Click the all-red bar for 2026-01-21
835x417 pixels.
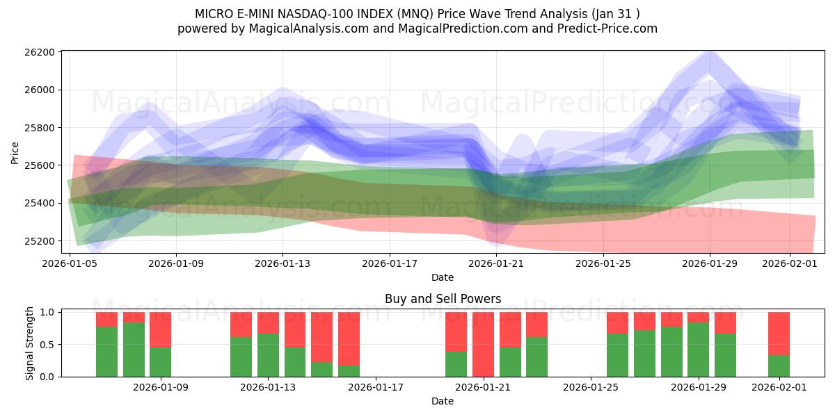tap(483, 344)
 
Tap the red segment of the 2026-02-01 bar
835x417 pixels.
tap(779, 333)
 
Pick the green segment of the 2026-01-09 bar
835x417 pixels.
tap(160, 362)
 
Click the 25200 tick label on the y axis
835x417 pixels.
tap(39, 241)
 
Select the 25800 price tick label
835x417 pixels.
tap(39, 128)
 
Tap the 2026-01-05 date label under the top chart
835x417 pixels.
tap(70, 264)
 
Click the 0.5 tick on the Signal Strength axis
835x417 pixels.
tap(48, 345)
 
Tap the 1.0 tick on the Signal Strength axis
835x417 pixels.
tap(48, 313)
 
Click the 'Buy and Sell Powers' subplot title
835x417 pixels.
tap(443, 300)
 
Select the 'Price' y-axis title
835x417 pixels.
tap(15, 153)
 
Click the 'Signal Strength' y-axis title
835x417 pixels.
tap(29, 344)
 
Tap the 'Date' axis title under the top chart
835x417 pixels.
tap(443, 277)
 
